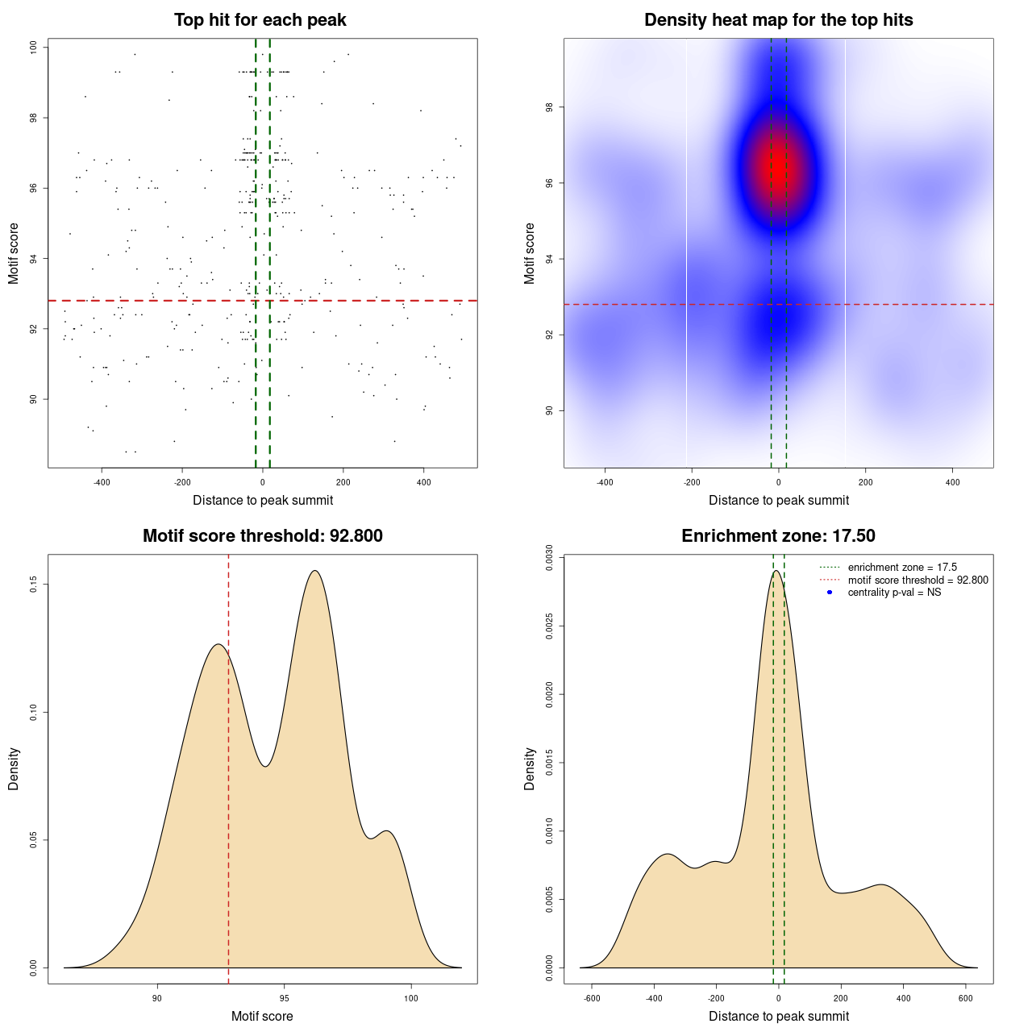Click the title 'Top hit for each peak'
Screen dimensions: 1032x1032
(x=260, y=20)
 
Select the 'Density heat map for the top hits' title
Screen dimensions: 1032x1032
(x=778, y=20)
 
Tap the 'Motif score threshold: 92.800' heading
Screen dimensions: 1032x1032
(x=262, y=536)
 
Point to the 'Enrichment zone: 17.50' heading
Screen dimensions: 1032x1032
(x=778, y=536)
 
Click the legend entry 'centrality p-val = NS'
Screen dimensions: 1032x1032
(x=894, y=593)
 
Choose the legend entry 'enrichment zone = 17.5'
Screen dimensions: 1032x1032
(x=902, y=568)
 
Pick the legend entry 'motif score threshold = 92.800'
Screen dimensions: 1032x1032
(x=918, y=580)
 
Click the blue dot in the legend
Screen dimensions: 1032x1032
(x=830, y=593)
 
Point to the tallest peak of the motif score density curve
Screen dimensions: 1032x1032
(x=315, y=571)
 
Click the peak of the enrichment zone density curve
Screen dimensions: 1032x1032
(x=776, y=571)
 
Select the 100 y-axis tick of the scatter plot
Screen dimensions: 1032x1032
(x=34, y=48)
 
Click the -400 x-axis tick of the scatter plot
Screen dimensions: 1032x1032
(x=102, y=482)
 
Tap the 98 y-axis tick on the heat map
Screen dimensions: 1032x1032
(x=550, y=107)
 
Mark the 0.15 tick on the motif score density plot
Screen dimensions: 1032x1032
(x=34, y=584)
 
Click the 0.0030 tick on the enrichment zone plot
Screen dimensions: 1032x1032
(x=550, y=557)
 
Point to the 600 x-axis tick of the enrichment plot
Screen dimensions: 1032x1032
(x=966, y=998)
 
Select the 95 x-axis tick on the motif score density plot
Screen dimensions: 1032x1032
(x=284, y=998)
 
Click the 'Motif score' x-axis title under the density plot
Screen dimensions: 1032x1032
(x=262, y=1016)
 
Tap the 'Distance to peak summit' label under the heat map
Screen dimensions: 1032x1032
(x=778, y=500)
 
